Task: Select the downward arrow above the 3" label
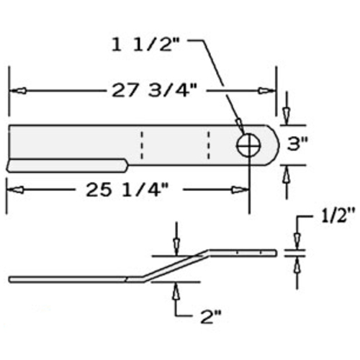[x=287, y=113]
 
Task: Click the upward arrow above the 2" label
[x=175, y=291]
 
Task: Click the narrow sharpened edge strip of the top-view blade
[x=68, y=166]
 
